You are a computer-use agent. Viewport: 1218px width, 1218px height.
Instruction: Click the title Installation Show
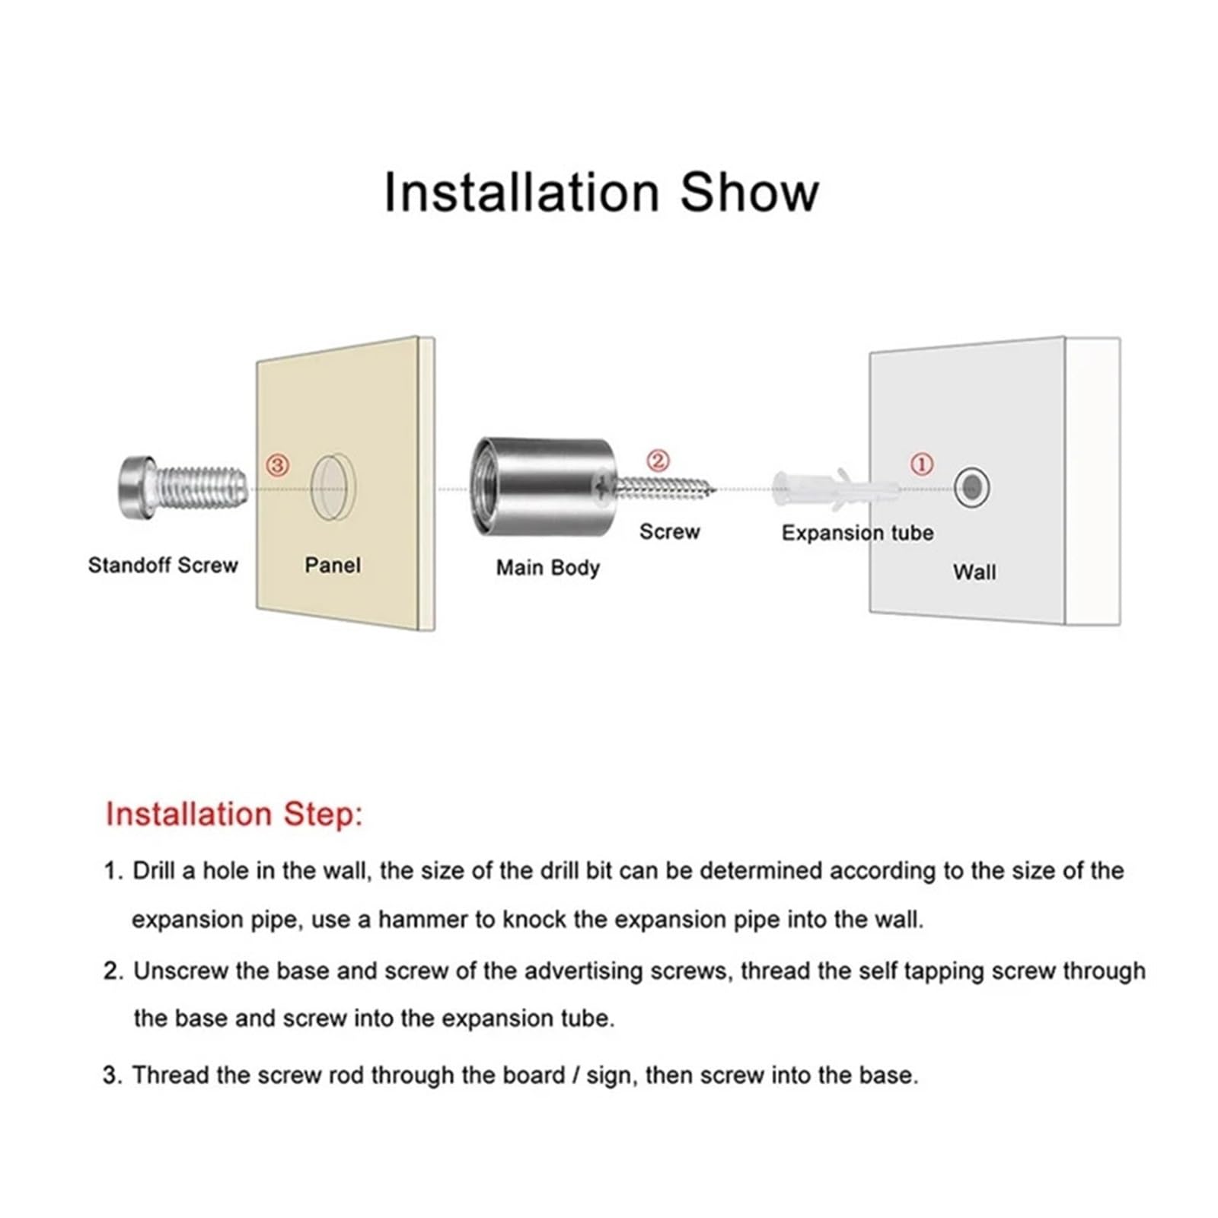coord(601,193)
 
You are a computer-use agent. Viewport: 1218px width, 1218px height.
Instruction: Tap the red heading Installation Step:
coord(234,814)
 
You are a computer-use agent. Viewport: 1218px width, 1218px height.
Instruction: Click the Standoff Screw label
coord(163,565)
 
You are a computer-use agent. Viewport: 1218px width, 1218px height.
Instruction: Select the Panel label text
coord(333,565)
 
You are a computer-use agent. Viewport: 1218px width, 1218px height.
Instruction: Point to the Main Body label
coord(548,568)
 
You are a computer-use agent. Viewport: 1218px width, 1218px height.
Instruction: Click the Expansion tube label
coord(857,533)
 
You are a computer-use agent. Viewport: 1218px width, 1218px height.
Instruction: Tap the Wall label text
coord(974,572)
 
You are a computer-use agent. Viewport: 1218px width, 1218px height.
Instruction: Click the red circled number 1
coord(922,464)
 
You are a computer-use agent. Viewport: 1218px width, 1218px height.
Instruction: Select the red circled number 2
coord(658,461)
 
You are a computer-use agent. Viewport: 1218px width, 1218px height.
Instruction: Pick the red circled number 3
coord(277,464)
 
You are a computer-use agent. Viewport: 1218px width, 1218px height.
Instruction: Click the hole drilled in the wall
coord(971,487)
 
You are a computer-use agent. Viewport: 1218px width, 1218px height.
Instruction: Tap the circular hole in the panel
coord(333,488)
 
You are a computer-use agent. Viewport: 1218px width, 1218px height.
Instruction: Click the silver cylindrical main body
coord(542,487)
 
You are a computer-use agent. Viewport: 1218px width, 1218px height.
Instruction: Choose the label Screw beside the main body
coord(669,531)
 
